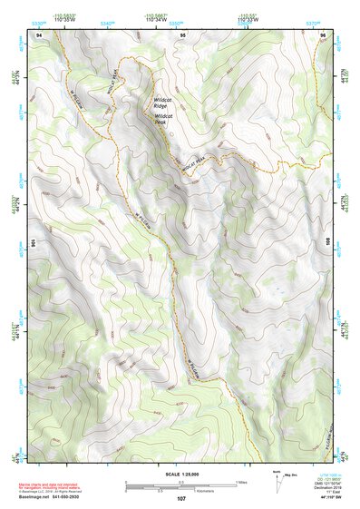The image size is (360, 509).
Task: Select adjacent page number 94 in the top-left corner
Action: pyautogui.click(x=39, y=34)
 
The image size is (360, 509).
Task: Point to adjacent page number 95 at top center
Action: pyautogui.click(x=182, y=34)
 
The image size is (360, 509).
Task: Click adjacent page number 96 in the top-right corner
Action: pyautogui.click(x=324, y=34)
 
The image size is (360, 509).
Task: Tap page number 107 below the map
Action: pyautogui.click(x=181, y=499)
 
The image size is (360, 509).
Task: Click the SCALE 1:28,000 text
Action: pyautogui.click(x=181, y=475)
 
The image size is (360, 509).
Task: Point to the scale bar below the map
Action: pyautogui.click(x=181, y=485)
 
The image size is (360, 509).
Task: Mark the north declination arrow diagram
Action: pyautogui.click(x=277, y=481)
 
